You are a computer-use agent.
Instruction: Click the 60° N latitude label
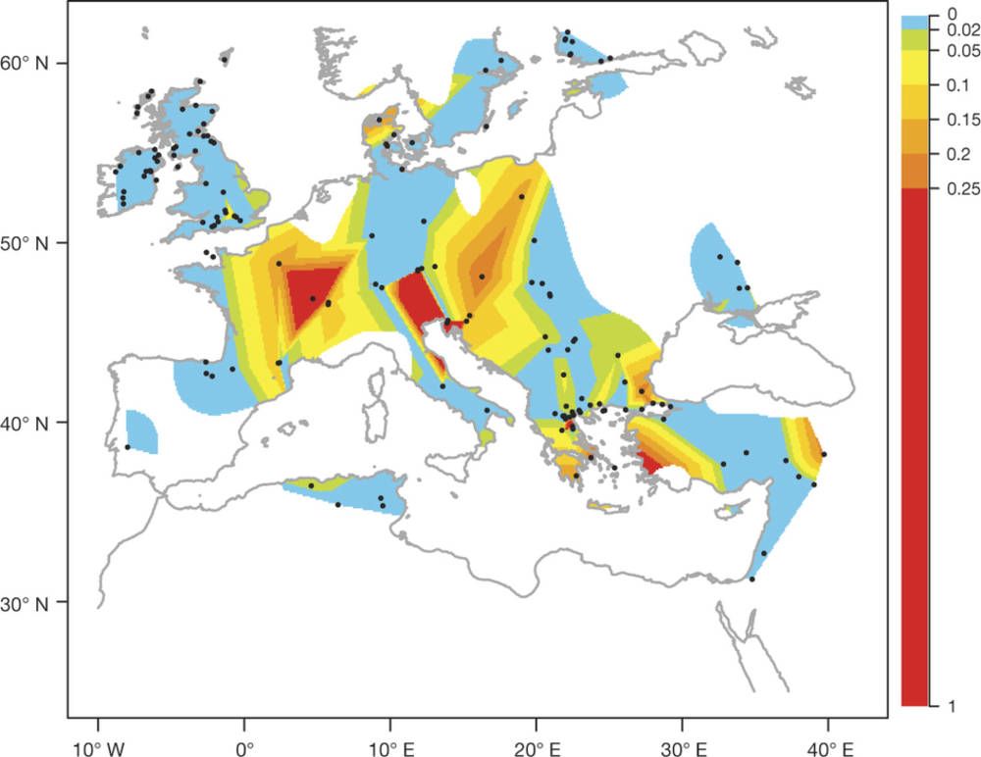(32, 64)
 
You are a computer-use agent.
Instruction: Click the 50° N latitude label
(32, 243)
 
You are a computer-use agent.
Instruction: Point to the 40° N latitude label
(32, 423)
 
